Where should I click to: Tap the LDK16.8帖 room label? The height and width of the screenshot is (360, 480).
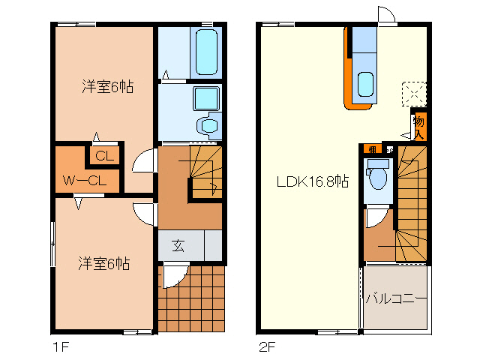point(311,181)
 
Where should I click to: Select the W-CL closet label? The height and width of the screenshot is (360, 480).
point(84,181)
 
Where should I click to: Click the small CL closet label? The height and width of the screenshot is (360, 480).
point(104,157)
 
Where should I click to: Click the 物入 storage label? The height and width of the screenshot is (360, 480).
point(418,126)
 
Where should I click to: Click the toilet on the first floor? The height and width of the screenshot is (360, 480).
point(207,123)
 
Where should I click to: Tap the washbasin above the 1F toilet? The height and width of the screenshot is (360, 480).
point(204,97)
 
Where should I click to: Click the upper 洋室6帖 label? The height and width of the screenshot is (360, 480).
point(106,87)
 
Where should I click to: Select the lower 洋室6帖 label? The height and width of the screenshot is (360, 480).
point(104,264)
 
